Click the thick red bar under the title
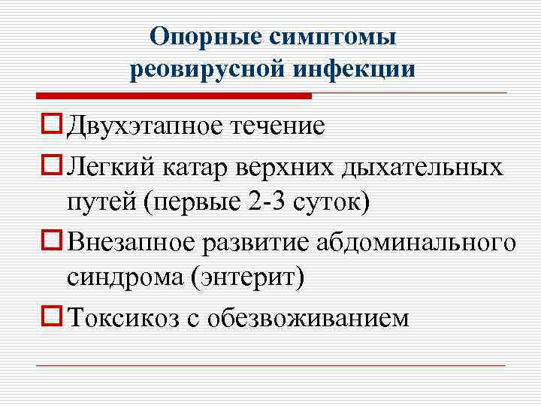(x=174, y=96)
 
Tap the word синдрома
(x=124, y=280)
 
